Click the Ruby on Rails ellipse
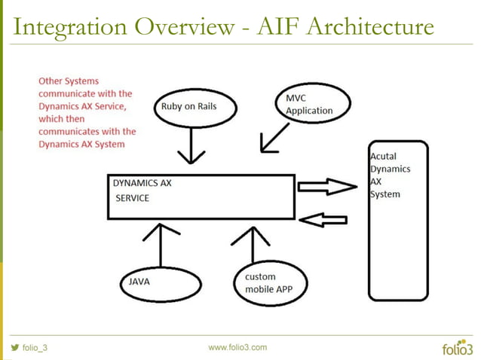(x=188, y=108)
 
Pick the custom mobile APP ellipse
(x=268, y=282)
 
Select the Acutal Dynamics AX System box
(x=398, y=196)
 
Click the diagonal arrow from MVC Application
(x=273, y=139)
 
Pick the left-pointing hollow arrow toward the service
(x=323, y=219)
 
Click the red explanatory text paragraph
(x=85, y=111)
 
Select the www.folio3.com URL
(x=237, y=347)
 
